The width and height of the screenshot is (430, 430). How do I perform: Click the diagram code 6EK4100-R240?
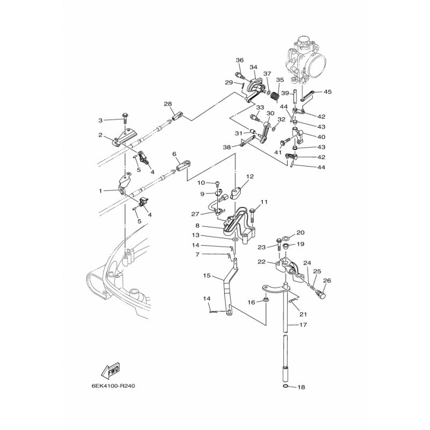coord(113,385)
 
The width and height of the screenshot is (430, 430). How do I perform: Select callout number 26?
coord(327,279)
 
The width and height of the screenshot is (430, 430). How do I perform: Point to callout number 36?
coord(240,60)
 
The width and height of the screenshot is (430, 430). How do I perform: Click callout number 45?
coord(327,92)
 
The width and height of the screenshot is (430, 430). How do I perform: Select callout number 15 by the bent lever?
coord(206,276)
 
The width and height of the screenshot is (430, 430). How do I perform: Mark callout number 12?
coord(250,176)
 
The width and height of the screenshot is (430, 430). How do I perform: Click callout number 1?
coord(100,191)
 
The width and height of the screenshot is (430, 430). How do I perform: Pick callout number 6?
coord(174,154)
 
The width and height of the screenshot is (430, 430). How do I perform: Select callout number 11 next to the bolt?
coord(264,202)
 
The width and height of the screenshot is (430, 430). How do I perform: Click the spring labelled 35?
coord(274,95)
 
